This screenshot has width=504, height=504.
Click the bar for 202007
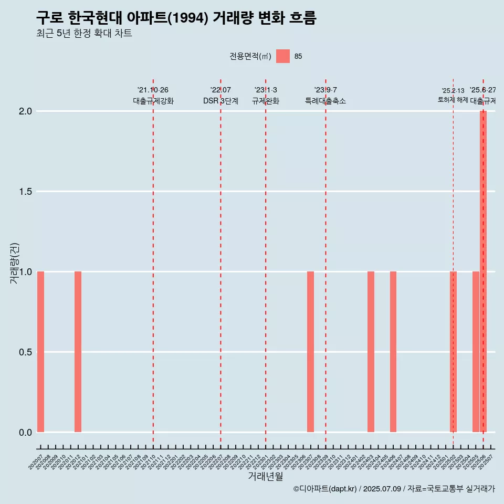(x=40, y=352)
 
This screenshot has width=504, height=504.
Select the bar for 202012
(x=78, y=352)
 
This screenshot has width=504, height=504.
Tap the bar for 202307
(x=310, y=352)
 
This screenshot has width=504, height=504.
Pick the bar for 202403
(x=371, y=352)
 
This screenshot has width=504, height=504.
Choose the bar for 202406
(x=393, y=352)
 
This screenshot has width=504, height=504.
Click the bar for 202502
(x=453, y=352)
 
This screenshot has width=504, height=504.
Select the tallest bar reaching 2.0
(x=483, y=271)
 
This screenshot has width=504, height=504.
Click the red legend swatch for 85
(x=283, y=56)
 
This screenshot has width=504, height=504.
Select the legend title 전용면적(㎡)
(x=250, y=56)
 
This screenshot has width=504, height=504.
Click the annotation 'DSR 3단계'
(x=220, y=101)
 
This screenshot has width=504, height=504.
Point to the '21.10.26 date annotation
(x=153, y=90)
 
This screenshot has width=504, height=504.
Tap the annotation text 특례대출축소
(x=325, y=101)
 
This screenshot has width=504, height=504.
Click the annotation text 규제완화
(x=266, y=101)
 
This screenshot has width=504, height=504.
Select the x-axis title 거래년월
(x=265, y=476)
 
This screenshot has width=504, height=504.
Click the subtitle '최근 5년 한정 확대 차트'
(x=84, y=34)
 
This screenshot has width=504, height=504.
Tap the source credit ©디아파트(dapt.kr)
(x=325, y=489)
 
